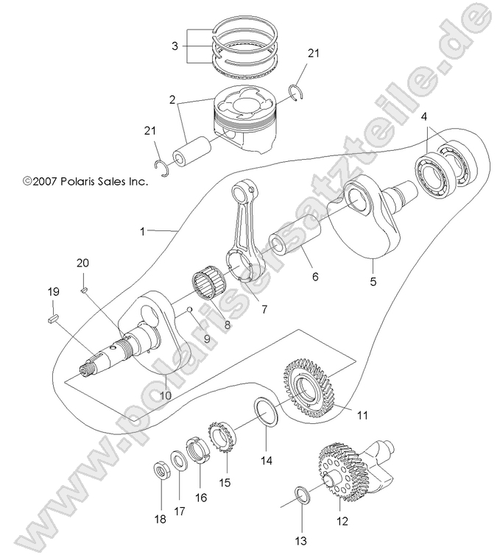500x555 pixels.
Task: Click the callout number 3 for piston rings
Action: pos(175,46)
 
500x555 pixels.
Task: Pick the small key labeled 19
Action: pos(52,319)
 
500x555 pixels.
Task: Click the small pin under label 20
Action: pos(84,290)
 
